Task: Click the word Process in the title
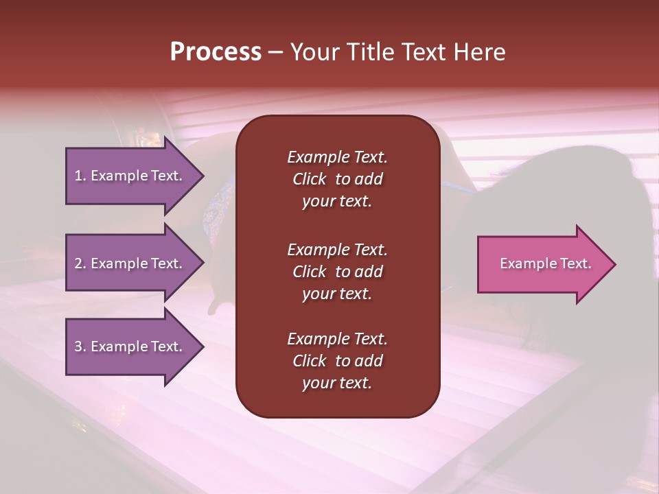(x=216, y=52)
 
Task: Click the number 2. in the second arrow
(x=80, y=263)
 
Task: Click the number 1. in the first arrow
(x=80, y=176)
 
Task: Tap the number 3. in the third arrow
(x=80, y=347)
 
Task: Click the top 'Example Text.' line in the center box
(x=337, y=157)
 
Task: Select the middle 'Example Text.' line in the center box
(x=337, y=250)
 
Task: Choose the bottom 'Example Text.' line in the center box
(x=337, y=339)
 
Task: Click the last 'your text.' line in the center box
(x=337, y=384)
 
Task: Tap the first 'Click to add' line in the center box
(x=337, y=180)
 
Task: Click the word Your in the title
(x=314, y=52)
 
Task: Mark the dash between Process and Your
(x=275, y=53)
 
